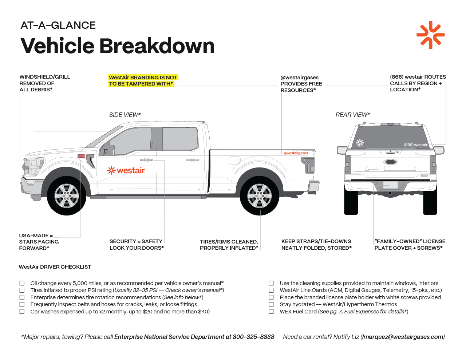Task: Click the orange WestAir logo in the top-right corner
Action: [x=430, y=35]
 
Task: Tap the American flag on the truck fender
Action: [x=81, y=156]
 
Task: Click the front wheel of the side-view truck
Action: [x=66, y=196]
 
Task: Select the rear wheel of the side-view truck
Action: [x=259, y=196]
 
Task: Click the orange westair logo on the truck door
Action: [x=126, y=170]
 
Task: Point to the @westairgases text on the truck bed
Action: [x=296, y=153]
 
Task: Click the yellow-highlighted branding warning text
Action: [x=143, y=80]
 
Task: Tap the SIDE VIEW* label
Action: [x=125, y=115]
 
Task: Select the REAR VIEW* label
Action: [x=352, y=115]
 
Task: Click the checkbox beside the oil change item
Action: [x=22, y=283]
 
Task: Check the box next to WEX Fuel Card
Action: [x=271, y=312]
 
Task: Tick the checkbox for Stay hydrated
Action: [x=271, y=304]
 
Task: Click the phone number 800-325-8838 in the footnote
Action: [x=253, y=337]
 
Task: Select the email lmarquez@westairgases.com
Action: [x=403, y=337]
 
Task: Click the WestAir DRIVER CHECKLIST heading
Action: [x=55, y=267]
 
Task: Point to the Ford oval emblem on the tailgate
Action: [x=391, y=162]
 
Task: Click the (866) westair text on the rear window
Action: [x=415, y=145]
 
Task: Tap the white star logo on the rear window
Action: [x=360, y=143]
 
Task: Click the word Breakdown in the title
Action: [x=157, y=46]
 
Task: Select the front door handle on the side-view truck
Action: [x=146, y=160]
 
